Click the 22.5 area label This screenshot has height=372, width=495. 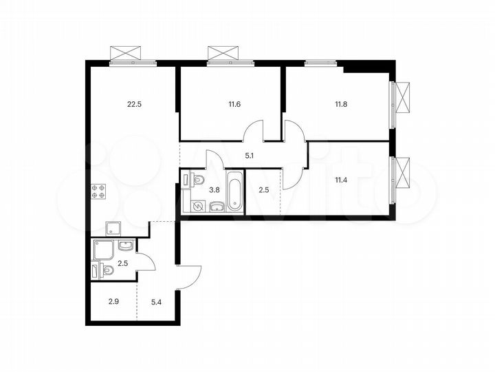pos(135,105)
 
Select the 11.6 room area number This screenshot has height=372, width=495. pos(235,105)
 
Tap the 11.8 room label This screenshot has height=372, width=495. pos(342,105)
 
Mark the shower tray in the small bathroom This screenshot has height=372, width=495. pos(105,249)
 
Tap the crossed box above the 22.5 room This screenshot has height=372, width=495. pos(133,54)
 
